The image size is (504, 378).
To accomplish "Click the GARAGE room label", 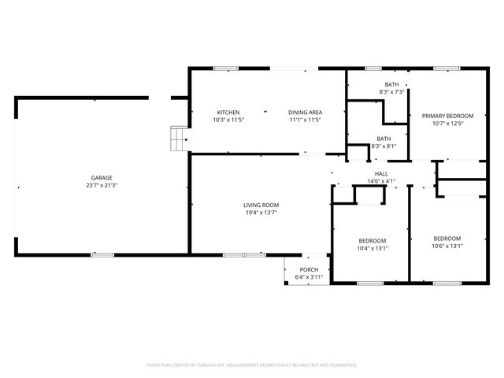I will point(100,178).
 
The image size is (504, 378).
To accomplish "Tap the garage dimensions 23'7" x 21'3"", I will point(100,185).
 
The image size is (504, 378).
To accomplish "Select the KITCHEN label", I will point(228,113).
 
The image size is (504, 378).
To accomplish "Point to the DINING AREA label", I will point(305,113).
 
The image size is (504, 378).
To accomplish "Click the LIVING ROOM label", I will point(261,205).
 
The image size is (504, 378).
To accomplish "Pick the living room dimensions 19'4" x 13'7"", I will point(261,212).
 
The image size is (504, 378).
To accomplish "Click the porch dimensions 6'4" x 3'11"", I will point(309,277).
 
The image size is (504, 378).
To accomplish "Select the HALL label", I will point(381,174).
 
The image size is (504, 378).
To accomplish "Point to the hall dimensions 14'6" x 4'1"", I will point(381,181).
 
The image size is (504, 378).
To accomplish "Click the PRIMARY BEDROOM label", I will point(442,116).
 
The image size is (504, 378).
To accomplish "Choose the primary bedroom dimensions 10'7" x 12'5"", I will point(442,123).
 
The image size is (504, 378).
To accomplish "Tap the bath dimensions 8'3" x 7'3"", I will point(391,92).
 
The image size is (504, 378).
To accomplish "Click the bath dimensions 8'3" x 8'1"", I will point(384,146).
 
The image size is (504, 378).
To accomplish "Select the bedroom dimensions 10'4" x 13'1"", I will point(372,248).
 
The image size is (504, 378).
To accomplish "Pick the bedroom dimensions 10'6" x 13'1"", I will point(447,246).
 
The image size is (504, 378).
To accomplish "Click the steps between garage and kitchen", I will point(179,139).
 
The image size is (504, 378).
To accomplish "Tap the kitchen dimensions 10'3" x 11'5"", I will point(228,120).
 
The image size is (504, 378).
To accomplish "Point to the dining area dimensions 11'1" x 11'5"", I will point(305,120).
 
